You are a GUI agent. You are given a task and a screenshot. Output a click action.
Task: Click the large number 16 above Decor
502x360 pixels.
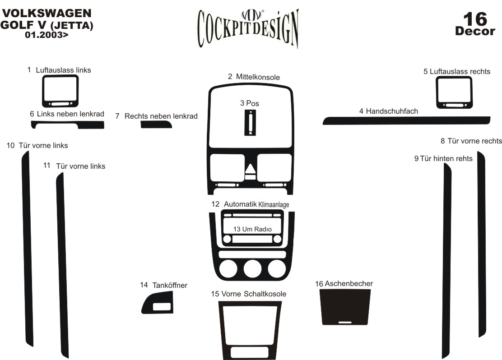click(475, 19)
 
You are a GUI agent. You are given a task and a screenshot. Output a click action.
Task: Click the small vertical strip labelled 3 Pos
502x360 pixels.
click(250, 123)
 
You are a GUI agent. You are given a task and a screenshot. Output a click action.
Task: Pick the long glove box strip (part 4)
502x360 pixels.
click(406, 120)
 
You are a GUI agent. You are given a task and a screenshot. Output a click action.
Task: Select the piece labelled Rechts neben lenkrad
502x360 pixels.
click(156, 125)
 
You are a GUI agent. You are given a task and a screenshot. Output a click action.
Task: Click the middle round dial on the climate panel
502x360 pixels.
click(252, 269)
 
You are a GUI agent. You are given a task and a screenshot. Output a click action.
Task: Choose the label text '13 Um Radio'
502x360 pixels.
click(252, 229)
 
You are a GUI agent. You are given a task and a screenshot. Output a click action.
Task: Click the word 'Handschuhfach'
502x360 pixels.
click(392, 111)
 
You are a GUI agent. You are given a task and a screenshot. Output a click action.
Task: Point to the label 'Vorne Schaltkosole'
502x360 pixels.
click(253, 294)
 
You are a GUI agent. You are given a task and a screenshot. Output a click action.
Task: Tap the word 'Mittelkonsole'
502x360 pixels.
click(258, 77)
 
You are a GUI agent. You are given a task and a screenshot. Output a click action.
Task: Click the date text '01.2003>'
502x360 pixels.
click(47, 35)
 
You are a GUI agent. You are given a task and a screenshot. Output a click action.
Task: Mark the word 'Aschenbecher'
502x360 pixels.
click(349, 283)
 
